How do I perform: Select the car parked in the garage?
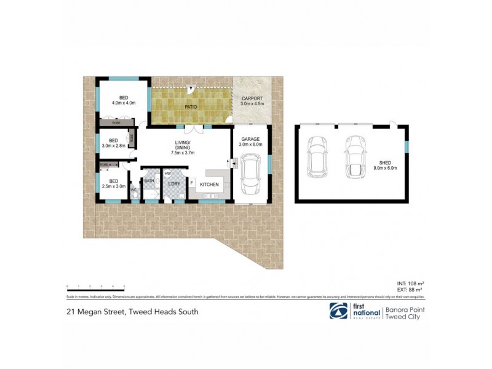[x=252, y=174]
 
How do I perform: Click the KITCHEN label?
[x=209, y=184]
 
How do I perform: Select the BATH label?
[x=149, y=181]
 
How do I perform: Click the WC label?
[x=133, y=189]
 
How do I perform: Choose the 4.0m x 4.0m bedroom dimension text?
[x=124, y=103]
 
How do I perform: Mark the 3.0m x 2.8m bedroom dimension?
[x=113, y=146]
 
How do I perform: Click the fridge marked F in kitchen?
[x=191, y=183]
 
